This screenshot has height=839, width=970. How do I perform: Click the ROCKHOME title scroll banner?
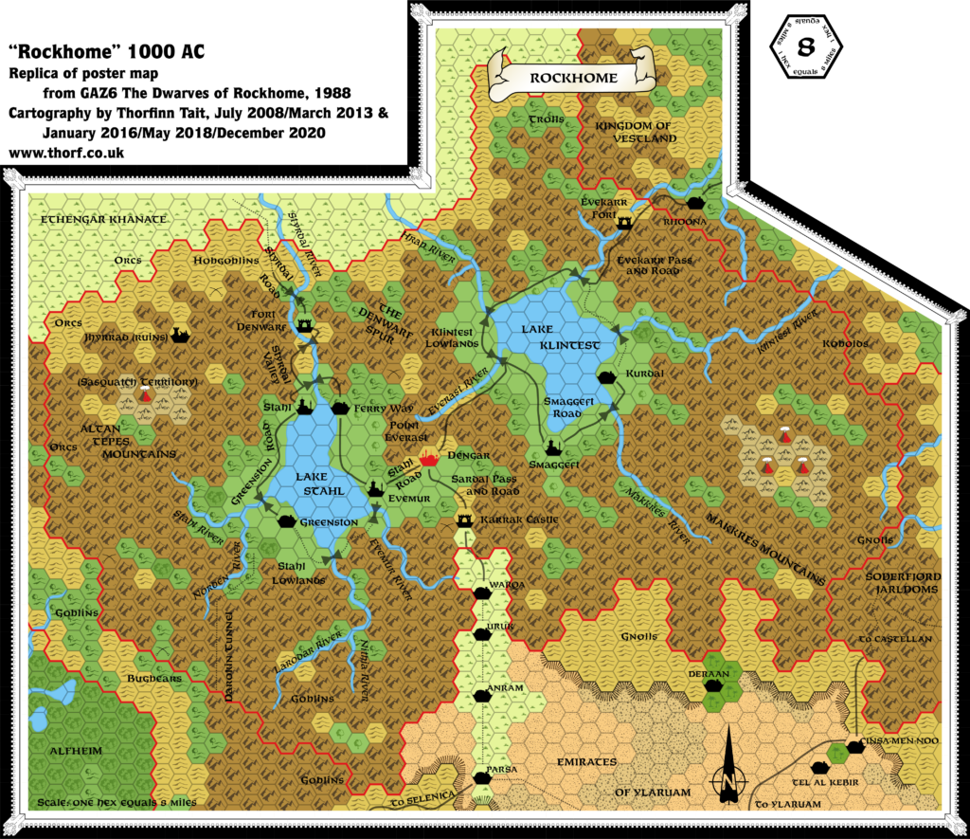(573, 76)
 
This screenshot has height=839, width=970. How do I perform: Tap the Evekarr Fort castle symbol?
(625, 223)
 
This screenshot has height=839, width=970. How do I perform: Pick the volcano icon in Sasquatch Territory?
(145, 394)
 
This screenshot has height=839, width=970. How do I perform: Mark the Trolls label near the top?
(546, 119)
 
